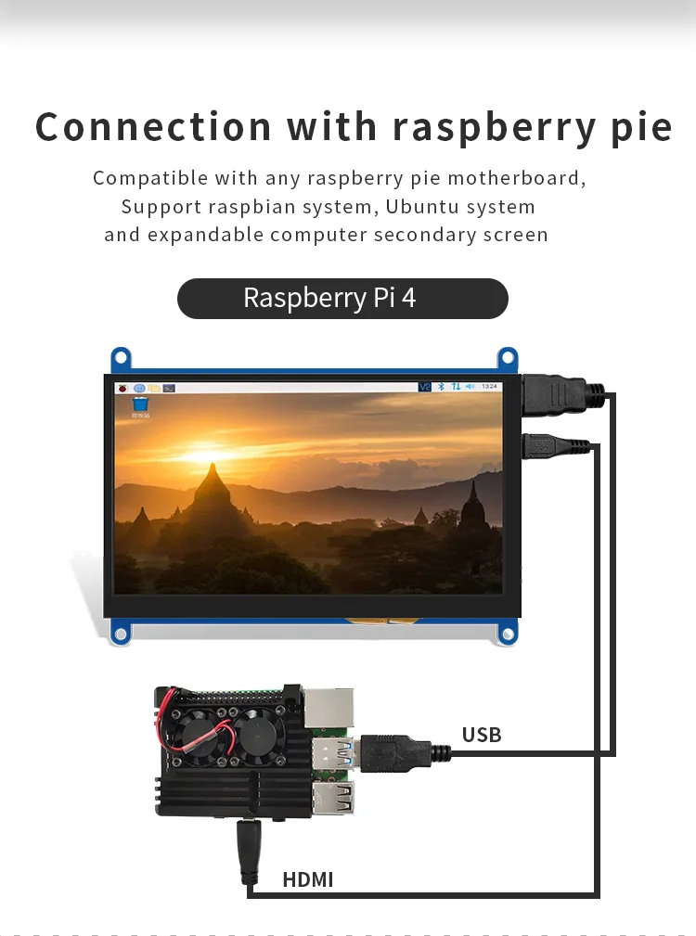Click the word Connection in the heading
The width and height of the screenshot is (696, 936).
(154, 127)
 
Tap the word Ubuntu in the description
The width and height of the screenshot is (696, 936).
(423, 206)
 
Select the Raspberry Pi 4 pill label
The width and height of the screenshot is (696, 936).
(342, 298)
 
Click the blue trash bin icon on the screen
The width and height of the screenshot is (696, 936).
(140, 404)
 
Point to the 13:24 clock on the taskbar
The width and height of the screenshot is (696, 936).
(490, 386)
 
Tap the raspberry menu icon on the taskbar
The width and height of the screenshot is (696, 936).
(121, 387)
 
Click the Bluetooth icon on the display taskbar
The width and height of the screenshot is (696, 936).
(442, 386)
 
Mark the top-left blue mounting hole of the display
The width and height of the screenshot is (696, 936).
(120, 357)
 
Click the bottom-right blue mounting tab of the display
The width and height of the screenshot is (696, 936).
(507, 635)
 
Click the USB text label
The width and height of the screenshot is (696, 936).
(482, 736)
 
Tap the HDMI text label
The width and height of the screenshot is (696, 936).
(308, 879)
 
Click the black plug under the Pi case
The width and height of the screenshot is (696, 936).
(250, 850)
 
